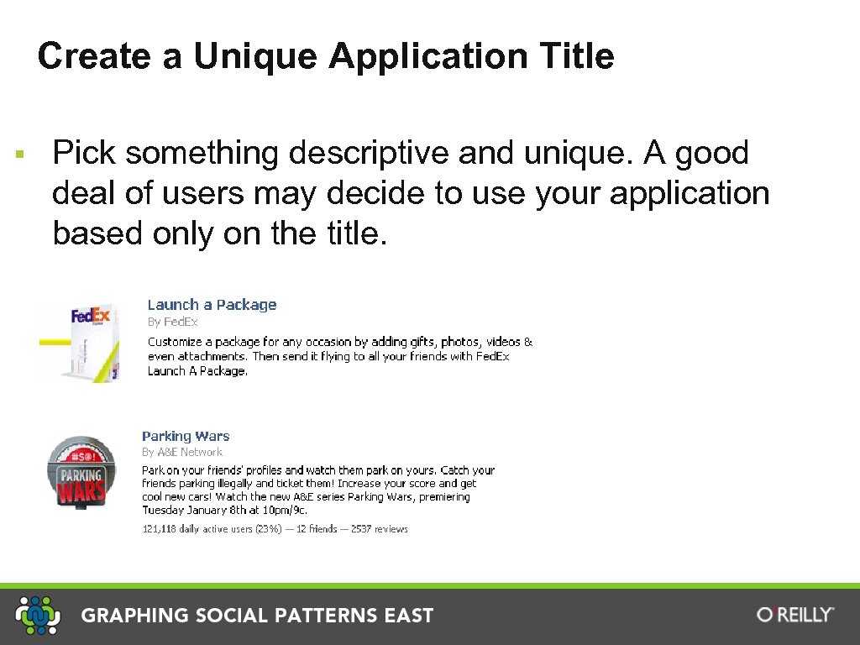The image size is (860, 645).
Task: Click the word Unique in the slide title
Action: pyautogui.click(x=257, y=57)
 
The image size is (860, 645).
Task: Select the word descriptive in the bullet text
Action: pyautogui.click(x=369, y=154)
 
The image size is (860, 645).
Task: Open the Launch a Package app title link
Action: pyautogui.click(x=212, y=305)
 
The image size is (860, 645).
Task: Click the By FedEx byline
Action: pyautogui.click(x=173, y=322)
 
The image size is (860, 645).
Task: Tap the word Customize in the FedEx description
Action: pyautogui.click(x=175, y=342)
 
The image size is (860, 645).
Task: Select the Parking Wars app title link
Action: pyautogui.click(x=186, y=436)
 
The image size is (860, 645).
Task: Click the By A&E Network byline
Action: pyautogui.click(x=182, y=452)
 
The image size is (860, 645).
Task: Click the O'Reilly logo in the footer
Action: pyautogui.click(x=795, y=615)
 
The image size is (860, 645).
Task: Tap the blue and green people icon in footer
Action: pyautogui.click(x=39, y=615)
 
